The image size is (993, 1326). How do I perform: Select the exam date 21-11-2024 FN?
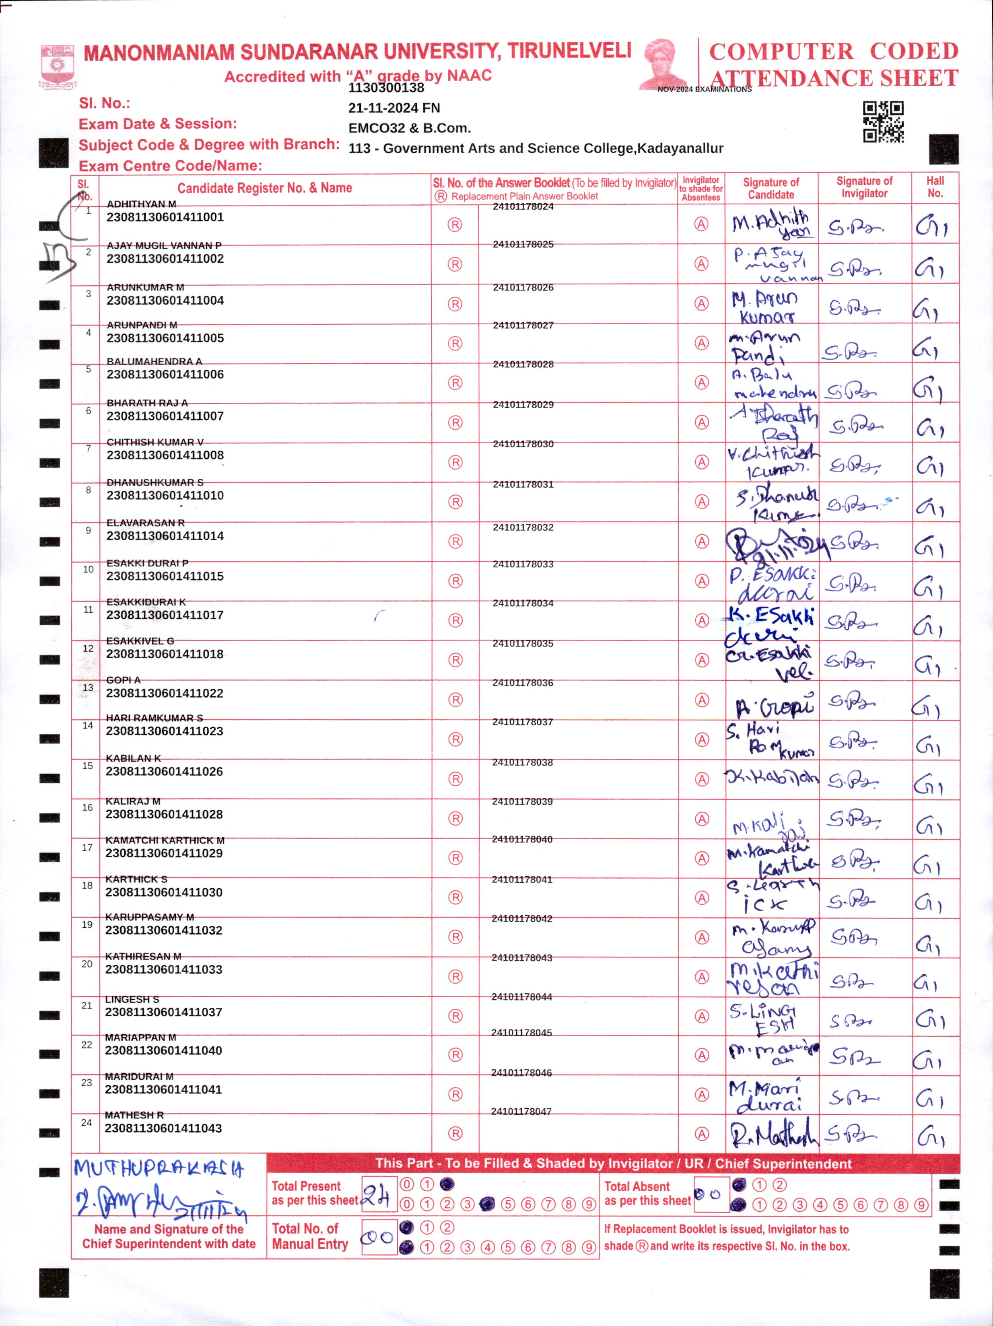(x=394, y=108)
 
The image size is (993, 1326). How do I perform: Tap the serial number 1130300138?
(x=386, y=88)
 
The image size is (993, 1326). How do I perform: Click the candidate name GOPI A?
(x=123, y=680)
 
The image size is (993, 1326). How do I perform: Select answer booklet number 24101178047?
(x=521, y=1112)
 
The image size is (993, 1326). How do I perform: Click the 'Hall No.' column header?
(x=935, y=187)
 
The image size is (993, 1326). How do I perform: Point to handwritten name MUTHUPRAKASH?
(x=159, y=1168)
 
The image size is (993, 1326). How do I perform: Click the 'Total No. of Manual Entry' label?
(x=309, y=1236)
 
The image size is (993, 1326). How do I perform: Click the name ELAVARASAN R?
(x=145, y=523)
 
